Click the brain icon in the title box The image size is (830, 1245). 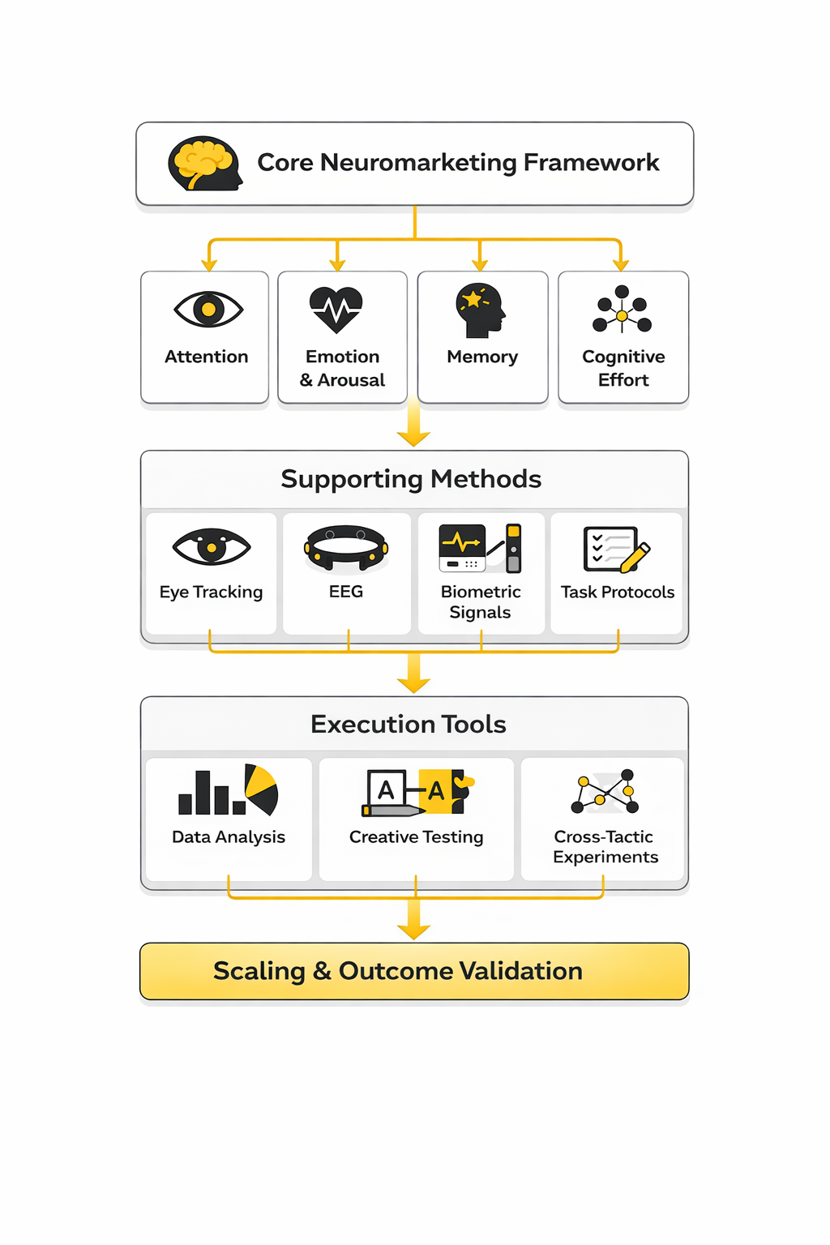click(204, 164)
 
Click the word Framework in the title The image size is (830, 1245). click(591, 162)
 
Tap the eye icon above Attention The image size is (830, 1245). click(208, 309)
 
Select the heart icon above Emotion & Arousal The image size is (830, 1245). click(336, 309)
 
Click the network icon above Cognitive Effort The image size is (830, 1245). click(622, 310)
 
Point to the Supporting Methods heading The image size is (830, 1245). click(411, 479)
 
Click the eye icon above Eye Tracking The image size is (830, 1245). click(212, 547)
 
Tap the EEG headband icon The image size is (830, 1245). click(346, 548)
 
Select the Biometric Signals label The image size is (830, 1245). click(481, 602)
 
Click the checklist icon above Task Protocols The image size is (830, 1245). click(616, 549)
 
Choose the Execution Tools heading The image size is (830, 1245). click(409, 724)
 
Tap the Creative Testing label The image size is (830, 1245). click(416, 837)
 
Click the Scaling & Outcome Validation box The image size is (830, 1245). click(414, 971)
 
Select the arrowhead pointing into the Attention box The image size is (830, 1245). click(209, 264)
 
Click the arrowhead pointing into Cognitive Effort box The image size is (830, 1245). click(621, 264)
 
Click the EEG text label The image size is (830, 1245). click(346, 592)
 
